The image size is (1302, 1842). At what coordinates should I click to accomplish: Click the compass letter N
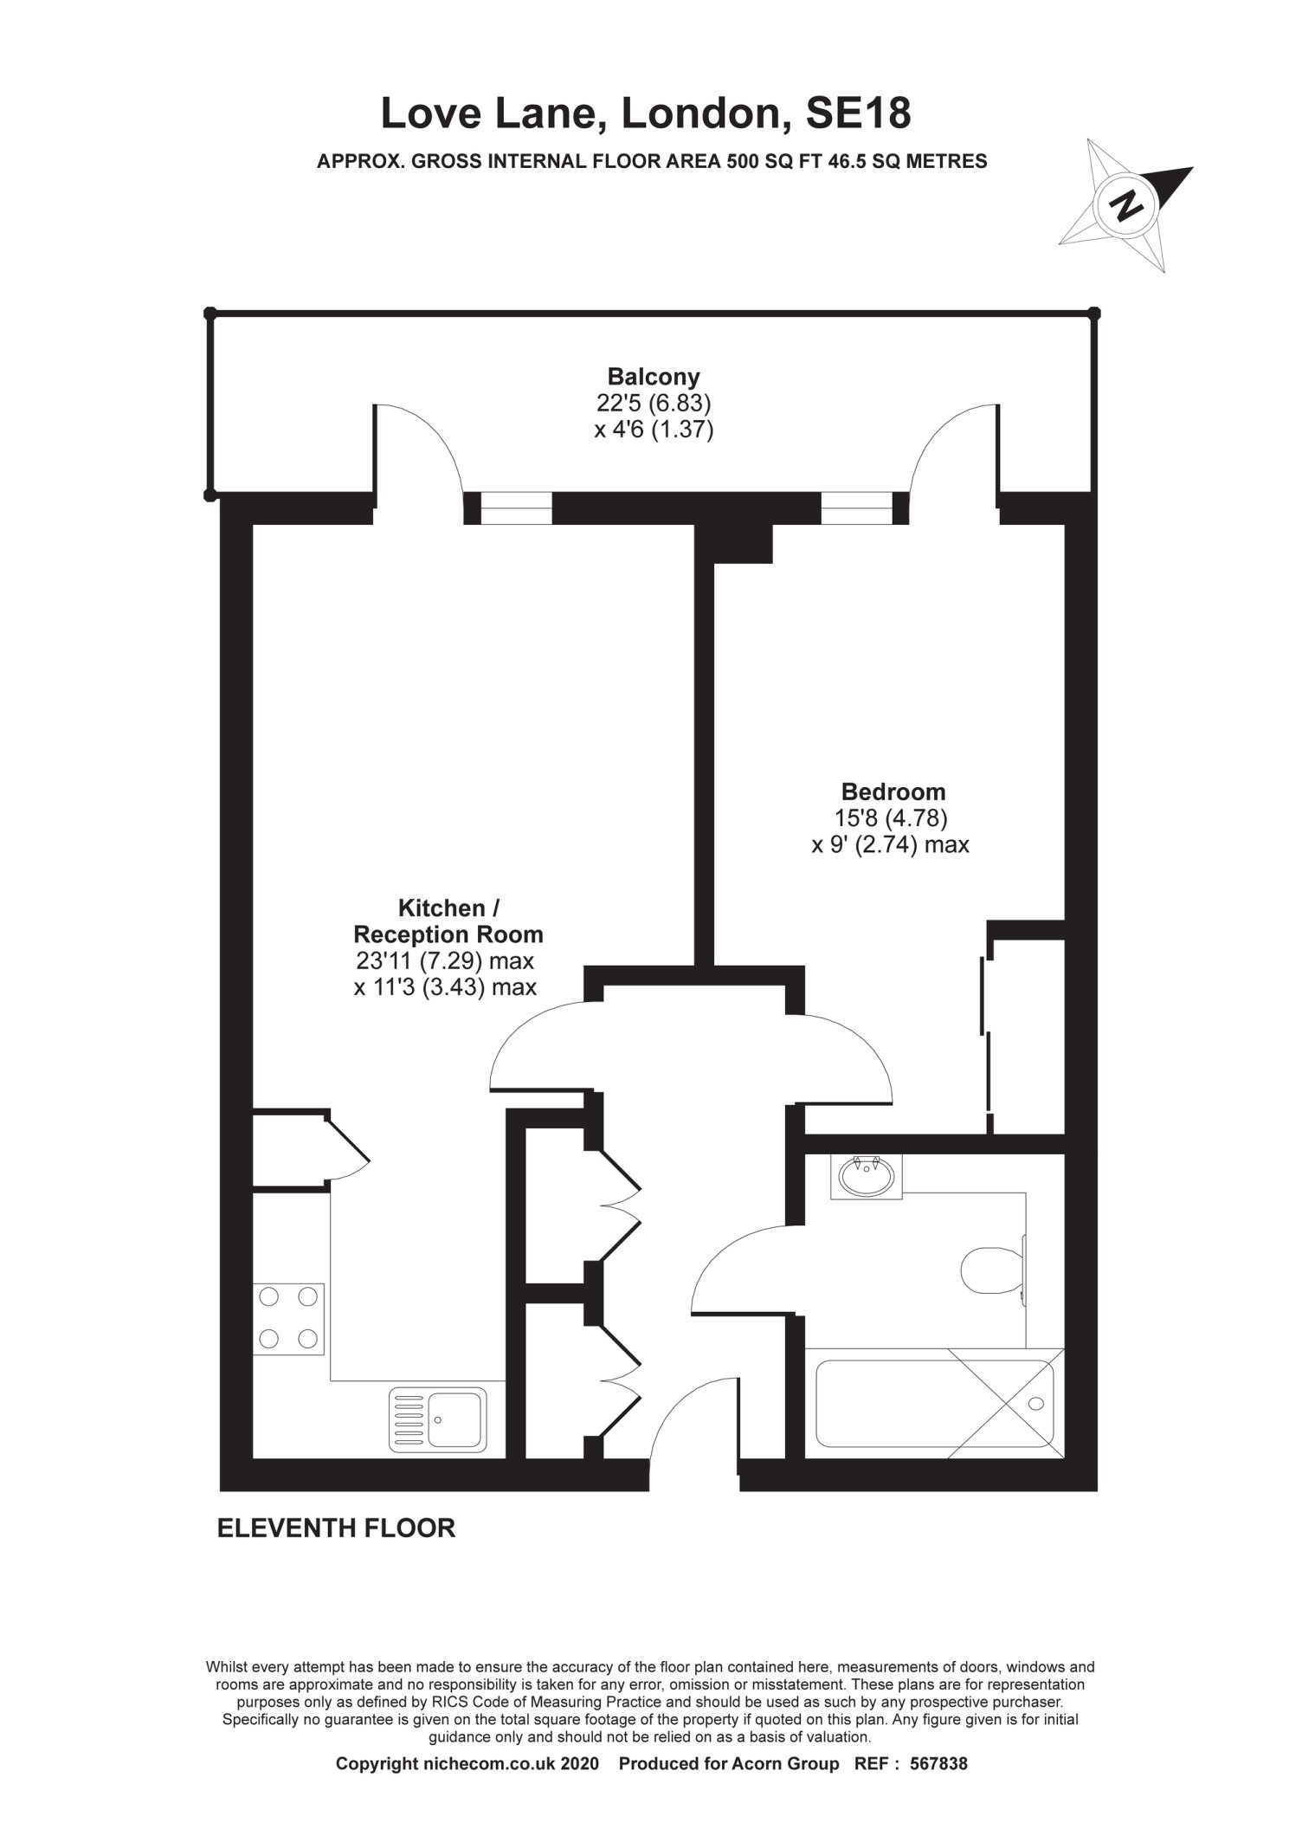(x=1126, y=205)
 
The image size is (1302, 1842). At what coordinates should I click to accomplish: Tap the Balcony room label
(x=654, y=377)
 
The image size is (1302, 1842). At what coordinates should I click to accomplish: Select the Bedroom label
(x=893, y=792)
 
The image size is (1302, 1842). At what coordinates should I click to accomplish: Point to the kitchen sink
(x=438, y=1419)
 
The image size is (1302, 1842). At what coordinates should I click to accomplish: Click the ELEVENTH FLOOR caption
(x=336, y=1529)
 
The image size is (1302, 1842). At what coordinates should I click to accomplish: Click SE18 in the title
(x=858, y=113)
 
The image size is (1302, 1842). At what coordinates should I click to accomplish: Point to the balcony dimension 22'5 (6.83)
(x=654, y=403)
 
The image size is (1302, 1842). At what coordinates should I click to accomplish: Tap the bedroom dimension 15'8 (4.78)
(x=891, y=818)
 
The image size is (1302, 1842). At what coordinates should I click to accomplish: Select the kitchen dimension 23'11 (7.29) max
(x=444, y=960)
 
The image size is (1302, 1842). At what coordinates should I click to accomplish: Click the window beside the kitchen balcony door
(x=516, y=507)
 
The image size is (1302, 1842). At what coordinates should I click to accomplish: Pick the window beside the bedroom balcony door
(x=857, y=507)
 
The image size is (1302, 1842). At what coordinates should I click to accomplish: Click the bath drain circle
(x=1036, y=1404)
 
